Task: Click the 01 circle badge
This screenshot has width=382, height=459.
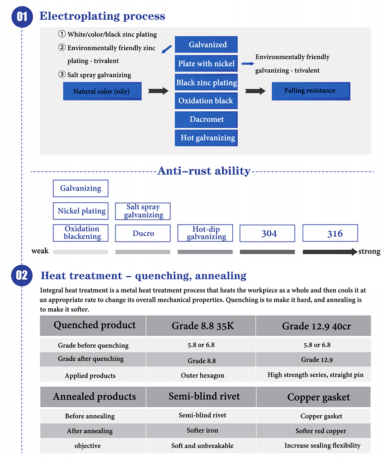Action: [x=22, y=17]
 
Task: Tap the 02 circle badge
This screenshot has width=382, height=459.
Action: [x=22, y=275]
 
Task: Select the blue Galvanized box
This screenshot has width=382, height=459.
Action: [x=206, y=44]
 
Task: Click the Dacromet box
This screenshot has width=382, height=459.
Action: [x=206, y=119]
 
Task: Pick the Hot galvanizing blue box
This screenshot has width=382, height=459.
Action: [x=206, y=138]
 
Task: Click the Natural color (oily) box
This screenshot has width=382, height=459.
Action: [x=102, y=91]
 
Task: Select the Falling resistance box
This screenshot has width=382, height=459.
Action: [x=311, y=91]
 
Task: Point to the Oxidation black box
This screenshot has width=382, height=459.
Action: [x=206, y=101]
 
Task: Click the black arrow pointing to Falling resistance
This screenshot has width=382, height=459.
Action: [x=255, y=91]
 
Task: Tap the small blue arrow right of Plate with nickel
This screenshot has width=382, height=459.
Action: [x=248, y=64]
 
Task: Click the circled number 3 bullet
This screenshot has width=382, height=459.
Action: [x=62, y=74]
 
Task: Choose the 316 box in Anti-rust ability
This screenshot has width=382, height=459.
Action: [x=330, y=233]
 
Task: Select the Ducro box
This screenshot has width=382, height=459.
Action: [x=143, y=233]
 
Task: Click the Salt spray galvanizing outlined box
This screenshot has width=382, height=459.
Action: [x=143, y=211]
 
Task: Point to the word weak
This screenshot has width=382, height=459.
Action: [x=40, y=251]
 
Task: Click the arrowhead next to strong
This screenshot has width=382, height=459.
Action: [x=354, y=252]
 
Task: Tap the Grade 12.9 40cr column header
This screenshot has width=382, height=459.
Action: [x=313, y=326]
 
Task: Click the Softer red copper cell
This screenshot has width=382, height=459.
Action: [x=313, y=431]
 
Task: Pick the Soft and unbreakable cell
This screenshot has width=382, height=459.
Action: [x=201, y=446]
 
